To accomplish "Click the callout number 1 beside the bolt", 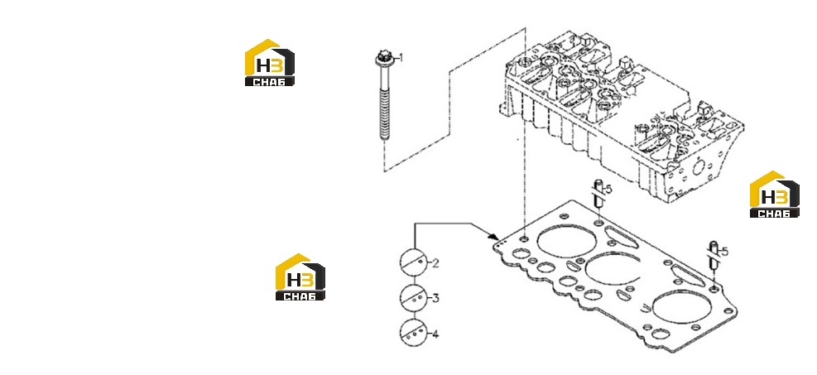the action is [x=400, y=57].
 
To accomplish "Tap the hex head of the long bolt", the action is [x=382, y=58].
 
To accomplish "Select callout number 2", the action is [x=435, y=263].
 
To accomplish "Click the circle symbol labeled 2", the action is [x=414, y=262].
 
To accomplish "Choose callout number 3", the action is [x=435, y=299].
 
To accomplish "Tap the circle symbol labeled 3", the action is [x=414, y=298].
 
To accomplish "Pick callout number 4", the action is [x=435, y=334].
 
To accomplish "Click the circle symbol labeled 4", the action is [x=414, y=333].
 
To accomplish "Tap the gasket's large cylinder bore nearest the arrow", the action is [x=567, y=241].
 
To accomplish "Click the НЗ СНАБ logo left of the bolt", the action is [x=269, y=63].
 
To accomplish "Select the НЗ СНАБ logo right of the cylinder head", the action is [x=774, y=195].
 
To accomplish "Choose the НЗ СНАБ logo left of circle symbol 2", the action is [x=300, y=277].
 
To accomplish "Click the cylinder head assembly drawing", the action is [x=622, y=118].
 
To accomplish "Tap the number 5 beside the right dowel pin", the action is [x=724, y=252].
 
